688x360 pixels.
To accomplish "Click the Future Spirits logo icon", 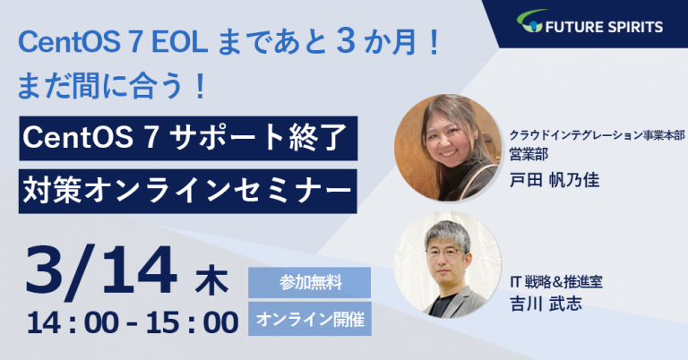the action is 530,21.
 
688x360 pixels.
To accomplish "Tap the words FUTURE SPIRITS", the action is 604,27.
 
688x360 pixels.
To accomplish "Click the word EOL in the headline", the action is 180,43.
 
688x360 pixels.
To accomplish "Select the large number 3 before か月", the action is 347,42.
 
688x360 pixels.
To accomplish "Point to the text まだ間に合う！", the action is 112,85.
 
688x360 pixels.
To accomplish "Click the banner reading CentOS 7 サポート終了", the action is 188,138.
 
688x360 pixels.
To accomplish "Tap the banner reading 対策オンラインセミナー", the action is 188,192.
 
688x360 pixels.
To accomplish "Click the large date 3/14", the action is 102,271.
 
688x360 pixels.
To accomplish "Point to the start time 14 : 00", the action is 73,323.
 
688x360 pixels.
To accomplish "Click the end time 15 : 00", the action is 193,323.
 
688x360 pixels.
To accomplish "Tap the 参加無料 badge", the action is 310,283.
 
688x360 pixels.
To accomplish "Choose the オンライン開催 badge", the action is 310,319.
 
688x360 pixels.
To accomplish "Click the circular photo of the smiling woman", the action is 448,148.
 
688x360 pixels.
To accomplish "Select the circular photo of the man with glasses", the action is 448,264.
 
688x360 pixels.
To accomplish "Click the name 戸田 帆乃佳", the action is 555,180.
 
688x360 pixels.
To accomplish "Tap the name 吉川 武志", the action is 546,304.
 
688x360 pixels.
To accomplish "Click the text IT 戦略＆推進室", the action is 556,282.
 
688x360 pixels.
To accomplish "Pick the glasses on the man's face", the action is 446,253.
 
